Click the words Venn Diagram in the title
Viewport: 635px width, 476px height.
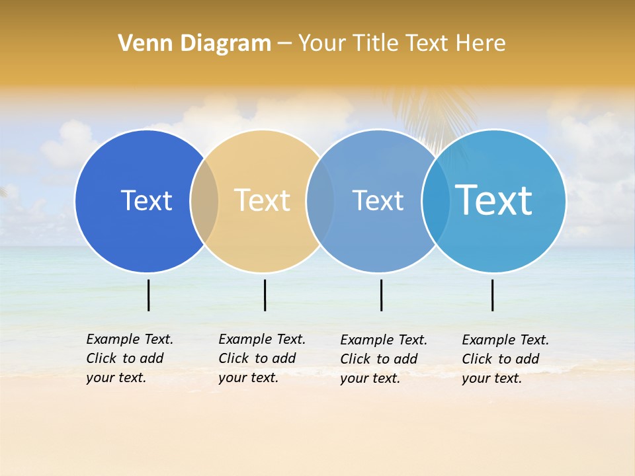[x=194, y=44]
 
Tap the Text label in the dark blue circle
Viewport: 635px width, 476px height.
[x=146, y=200]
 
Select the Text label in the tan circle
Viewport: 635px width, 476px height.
[x=262, y=200]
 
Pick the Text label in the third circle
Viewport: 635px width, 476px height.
[x=378, y=200]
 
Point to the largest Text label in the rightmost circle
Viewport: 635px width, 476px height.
[x=493, y=200]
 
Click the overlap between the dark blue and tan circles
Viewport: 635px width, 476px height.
[x=204, y=200]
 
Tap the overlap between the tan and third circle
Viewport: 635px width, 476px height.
[x=320, y=200]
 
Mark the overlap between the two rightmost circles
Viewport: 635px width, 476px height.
[x=435, y=200]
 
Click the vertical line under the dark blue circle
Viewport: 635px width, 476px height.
[x=148, y=295]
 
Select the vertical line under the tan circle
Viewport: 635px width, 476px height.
[x=265, y=295]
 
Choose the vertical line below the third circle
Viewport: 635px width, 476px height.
[x=381, y=295]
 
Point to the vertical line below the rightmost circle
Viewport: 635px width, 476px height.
[x=492, y=295]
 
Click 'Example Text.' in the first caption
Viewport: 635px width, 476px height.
[x=130, y=339]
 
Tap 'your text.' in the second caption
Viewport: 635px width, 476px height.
[x=248, y=377]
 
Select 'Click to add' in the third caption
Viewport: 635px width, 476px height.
[x=379, y=359]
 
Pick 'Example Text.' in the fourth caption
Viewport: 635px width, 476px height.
[x=505, y=340]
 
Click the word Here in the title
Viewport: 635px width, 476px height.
[x=481, y=44]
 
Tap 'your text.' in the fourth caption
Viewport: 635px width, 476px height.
[x=491, y=378]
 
